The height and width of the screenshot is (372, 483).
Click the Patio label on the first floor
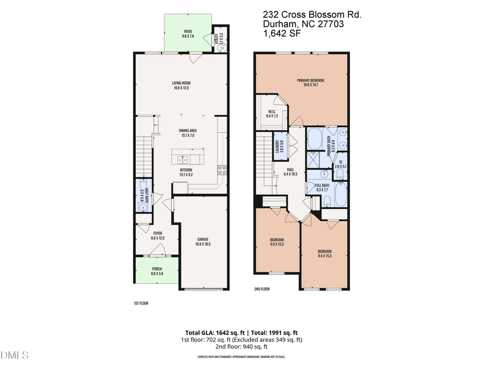coord(187,34)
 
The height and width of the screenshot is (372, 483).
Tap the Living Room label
coord(181,85)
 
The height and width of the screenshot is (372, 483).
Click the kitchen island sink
coord(182,159)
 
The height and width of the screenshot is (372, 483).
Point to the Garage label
coord(202,241)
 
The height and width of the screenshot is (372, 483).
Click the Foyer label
coord(157,235)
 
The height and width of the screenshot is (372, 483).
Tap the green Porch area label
coord(157,271)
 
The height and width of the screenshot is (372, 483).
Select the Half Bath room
coord(142,197)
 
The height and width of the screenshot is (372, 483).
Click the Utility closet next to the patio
coord(220,39)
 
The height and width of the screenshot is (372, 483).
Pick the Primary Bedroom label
coord(310,83)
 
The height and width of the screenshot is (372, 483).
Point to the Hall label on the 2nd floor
coord(293,172)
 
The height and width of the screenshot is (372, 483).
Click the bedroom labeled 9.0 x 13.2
coord(277,242)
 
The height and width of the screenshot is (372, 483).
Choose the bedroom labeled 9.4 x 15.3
coord(324,254)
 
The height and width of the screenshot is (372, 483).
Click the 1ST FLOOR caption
coord(141,303)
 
